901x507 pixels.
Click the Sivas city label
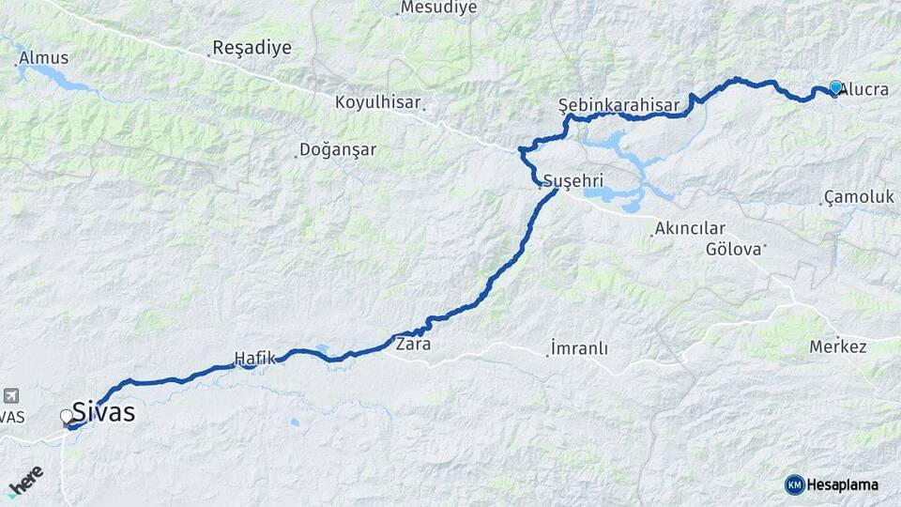pos(103,412)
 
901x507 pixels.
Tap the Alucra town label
pos(865,90)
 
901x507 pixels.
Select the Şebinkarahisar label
pos(618,105)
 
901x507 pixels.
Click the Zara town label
pos(414,344)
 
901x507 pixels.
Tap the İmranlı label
pos(579,348)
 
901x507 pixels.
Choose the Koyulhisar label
pos(380,102)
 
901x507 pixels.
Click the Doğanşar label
pos(338,149)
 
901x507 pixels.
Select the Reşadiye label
pos(252,48)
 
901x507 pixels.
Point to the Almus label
pos(44,58)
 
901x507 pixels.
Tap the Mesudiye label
pos(438,8)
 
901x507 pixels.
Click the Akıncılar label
pos(691,228)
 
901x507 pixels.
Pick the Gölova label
pos(735,249)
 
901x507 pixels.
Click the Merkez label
pos(838,346)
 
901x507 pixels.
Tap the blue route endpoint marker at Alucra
pos(835,87)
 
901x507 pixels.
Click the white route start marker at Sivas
pos(67,415)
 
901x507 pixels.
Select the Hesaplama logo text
pos(842,485)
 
